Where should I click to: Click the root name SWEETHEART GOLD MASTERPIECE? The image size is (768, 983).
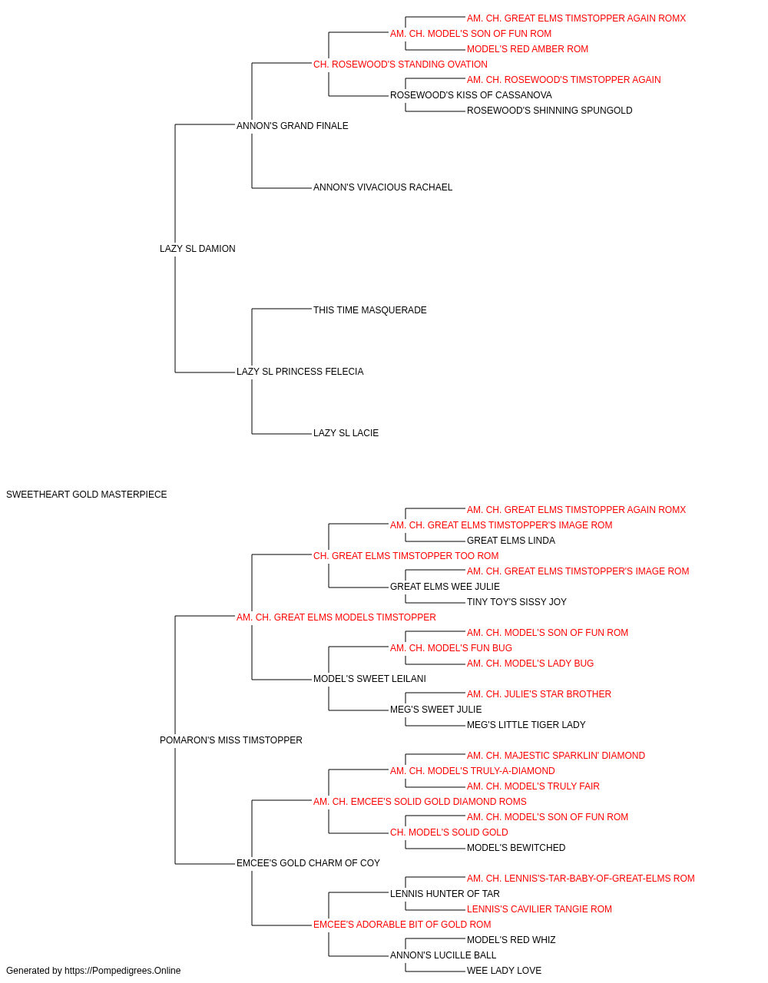coord(86,495)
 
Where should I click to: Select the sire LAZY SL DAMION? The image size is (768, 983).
coord(197,249)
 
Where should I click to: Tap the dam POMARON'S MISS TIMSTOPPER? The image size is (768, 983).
coord(230,740)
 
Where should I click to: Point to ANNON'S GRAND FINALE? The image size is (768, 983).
coord(292,126)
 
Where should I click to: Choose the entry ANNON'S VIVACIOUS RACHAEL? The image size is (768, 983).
coord(382,187)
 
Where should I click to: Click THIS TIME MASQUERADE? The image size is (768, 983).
coord(369,310)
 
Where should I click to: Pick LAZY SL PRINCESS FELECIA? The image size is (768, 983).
coord(300,372)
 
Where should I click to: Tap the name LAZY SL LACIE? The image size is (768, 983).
coord(346,433)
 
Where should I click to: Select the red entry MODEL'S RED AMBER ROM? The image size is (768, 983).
coord(528,49)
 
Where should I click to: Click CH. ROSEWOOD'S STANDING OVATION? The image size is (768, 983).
coord(400,65)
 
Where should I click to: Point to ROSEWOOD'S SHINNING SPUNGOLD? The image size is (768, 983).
coord(550,111)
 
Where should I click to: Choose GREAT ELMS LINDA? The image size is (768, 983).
coord(511,541)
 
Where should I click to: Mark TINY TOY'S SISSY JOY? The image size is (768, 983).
coord(517,602)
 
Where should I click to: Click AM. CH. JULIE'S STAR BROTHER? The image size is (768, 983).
coord(538,694)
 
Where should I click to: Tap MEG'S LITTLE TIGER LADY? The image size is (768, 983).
coord(526,725)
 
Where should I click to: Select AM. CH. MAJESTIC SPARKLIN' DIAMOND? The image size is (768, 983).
coord(556,756)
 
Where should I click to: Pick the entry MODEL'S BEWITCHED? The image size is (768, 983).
coord(516,848)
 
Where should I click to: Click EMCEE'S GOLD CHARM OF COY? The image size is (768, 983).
coord(308,863)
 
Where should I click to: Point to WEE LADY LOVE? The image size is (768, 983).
coord(504,971)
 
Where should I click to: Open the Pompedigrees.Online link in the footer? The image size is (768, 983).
coord(122,971)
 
